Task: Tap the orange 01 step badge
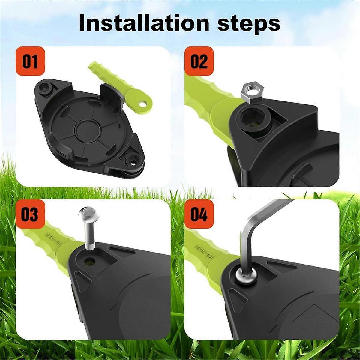(30, 61)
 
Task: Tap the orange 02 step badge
(199, 61)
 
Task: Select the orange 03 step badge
(30, 214)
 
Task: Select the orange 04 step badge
(199, 214)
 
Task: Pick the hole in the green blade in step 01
(145, 104)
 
